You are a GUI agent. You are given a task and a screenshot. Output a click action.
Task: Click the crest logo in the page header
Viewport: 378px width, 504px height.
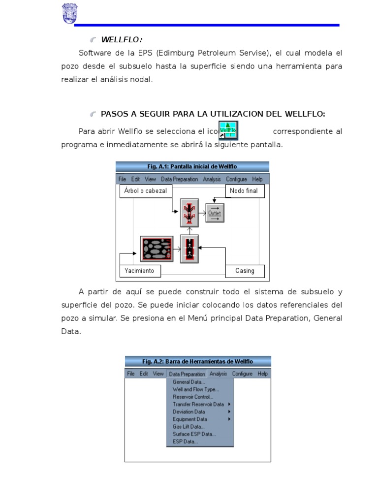(69, 14)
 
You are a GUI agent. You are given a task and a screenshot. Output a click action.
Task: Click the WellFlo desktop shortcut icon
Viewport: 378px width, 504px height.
(228, 130)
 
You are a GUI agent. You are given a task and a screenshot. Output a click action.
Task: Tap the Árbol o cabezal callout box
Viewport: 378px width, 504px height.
(146, 190)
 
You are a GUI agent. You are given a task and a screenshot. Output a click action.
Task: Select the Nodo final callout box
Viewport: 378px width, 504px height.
(244, 190)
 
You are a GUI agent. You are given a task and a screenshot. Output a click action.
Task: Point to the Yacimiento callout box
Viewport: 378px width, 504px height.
(139, 271)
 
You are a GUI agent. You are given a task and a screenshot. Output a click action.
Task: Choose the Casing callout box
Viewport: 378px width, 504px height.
(245, 271)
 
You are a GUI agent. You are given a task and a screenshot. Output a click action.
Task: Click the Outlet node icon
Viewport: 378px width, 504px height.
(215, 213)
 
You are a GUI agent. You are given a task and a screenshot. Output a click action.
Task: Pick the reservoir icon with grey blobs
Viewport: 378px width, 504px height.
(157, 248)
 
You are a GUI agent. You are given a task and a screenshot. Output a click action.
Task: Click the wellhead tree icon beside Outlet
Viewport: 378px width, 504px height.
(189, 213)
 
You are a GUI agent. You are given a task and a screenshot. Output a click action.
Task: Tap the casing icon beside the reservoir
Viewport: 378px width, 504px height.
(189, 248)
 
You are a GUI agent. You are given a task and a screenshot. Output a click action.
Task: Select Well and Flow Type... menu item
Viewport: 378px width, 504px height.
(195, 389)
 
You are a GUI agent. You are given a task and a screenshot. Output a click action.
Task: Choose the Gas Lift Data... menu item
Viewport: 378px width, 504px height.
(189, 427)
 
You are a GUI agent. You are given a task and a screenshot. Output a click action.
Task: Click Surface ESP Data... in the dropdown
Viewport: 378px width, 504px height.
(194, 434)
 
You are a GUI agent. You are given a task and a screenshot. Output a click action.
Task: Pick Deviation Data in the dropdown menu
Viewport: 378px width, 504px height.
(189, 411)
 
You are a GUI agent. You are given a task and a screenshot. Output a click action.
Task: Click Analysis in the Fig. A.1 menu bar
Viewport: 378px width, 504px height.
(212, 179)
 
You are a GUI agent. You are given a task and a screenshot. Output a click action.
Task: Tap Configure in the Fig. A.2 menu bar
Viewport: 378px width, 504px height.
(242, 374)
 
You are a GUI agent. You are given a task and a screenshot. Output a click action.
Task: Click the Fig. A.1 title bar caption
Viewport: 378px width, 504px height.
(192, 166)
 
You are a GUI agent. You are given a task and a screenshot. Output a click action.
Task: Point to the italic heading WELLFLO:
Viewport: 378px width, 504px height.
(122, 39)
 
